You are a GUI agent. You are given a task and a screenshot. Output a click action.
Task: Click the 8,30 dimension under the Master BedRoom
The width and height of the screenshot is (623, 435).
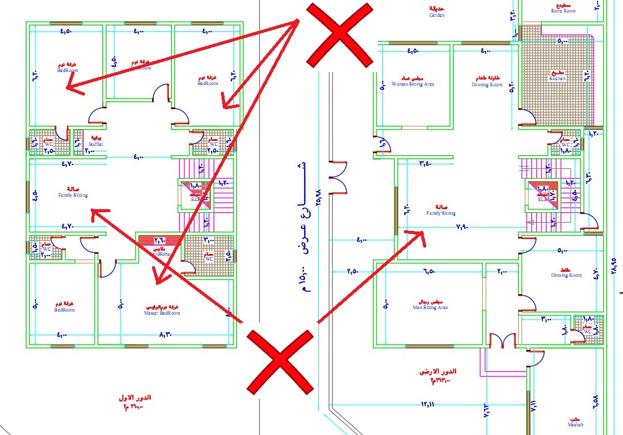click(165, 335)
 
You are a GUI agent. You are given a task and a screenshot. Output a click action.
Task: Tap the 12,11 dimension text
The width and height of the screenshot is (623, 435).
click(428, 405)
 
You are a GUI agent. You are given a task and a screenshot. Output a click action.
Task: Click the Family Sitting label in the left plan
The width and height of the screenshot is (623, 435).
click(73, 193)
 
